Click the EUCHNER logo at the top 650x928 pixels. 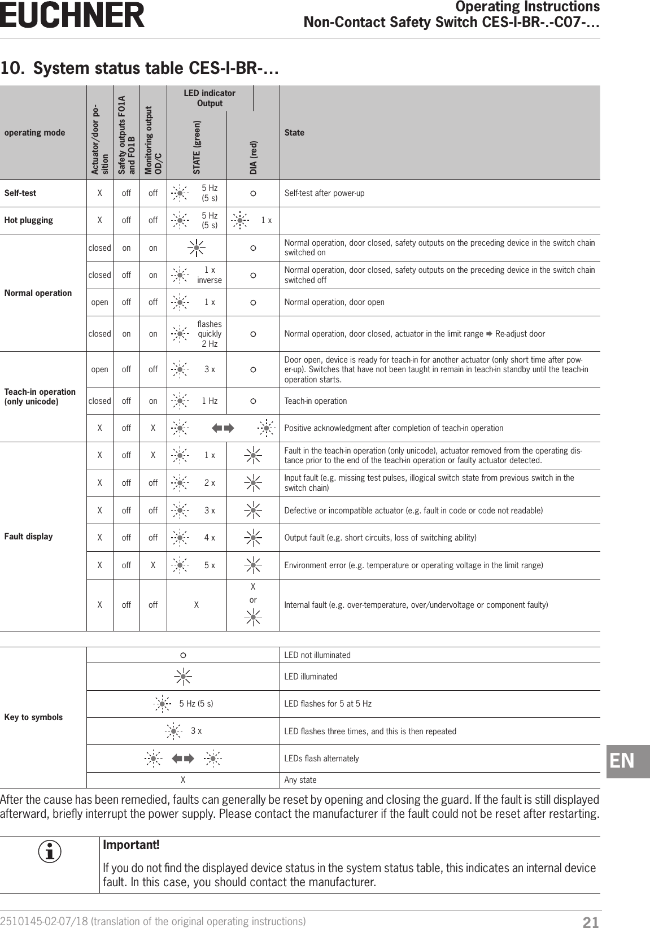[x=72, y=15]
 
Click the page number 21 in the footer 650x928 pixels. [x=590, y=922]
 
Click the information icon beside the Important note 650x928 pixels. [x=50, y=852]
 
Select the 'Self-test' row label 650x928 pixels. [x=20, y=193]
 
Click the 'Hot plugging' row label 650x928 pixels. [x=29, y=220]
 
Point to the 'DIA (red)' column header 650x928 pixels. [x=254, y=157]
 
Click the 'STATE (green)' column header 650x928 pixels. [x=197, y=146]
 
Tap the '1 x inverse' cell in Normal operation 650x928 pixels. [x=210, y=275]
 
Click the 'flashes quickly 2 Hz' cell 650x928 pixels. [x=210, y=334]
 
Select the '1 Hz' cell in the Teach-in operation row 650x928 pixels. [x=210, y=401]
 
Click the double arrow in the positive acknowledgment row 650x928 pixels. [x=223, y=428]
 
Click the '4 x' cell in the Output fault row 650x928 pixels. [x=210, y=538]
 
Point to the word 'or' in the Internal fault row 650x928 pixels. [x=253, y=600]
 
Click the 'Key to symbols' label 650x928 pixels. [x=33, y=717]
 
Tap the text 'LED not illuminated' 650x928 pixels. [x=317, y=655]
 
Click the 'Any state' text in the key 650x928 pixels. [x=300, y=780]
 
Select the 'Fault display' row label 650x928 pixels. [x=28, y=537]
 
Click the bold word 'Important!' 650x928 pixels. [x=131, y=845]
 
